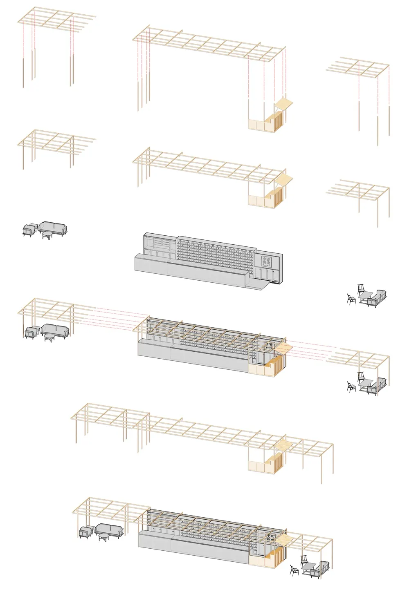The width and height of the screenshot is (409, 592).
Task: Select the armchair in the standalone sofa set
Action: pos(29,230)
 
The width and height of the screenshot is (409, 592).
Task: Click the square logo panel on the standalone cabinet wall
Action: pos(267,261)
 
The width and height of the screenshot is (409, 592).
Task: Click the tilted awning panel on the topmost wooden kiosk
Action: pos(284,103)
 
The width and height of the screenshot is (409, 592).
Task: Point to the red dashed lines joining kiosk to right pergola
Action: pos(311,349)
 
